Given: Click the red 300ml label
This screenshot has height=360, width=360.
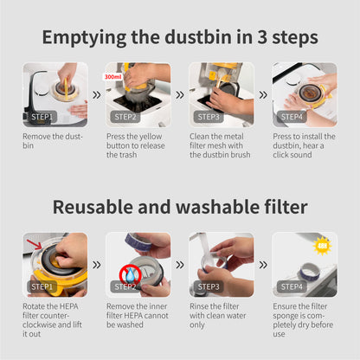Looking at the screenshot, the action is click(x=112, y=77).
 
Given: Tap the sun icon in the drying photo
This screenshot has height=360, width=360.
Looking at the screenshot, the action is click(x=322, y=246).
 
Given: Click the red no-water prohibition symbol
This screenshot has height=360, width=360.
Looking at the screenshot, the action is click(x=130, y=274).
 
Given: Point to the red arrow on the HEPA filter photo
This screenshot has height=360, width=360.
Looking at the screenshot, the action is click(x=35, y=244).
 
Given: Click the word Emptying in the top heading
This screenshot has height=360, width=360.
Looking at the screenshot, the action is click(x=84, y=38).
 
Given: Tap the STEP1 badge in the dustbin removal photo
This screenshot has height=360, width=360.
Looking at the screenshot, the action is click(x=42, y=117).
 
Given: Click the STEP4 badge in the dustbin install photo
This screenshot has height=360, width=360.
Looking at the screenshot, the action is click(x=292, y=117).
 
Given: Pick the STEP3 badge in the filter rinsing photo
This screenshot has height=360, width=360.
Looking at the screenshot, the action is click(x=209, y=286).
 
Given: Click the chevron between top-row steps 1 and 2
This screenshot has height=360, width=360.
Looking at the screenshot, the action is click(x=97, y=94).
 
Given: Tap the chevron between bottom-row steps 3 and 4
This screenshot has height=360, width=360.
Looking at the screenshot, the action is click(x=263, y=265).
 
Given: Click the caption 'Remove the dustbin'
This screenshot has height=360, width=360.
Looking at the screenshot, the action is click(x=53, y=141).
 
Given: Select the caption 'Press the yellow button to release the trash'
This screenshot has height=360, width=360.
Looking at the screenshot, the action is click(x=136, y=145).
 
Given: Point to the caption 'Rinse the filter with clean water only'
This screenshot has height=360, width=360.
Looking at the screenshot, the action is click(x=218, y=316).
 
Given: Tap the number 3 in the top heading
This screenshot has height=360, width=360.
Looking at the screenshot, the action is click(x=262, y=38).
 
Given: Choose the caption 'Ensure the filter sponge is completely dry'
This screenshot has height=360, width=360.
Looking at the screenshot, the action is click(x=303, y=320).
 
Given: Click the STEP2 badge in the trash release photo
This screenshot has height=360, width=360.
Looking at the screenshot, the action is click(x=125, y=117).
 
